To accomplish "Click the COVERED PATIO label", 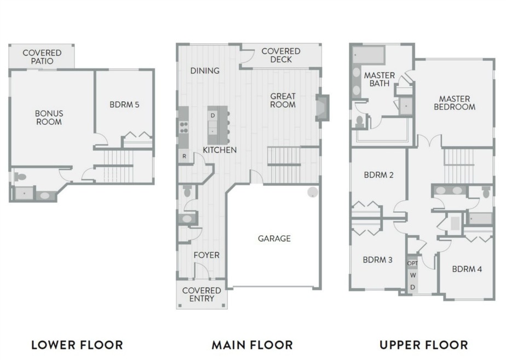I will (x=42, y=57).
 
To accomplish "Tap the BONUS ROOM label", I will (x=49, y=118).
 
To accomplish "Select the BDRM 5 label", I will (x=124, y=104).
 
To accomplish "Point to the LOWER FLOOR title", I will (x=77, y=345).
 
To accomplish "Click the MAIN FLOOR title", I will (x=252, y=345).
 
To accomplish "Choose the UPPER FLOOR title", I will (x=423, y=345).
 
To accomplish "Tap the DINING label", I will (x=205, y=71).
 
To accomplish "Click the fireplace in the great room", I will (x=322, y=108).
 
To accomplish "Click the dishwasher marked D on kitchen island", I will (x=212, y=115).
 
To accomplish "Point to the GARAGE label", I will (x=274, y=239).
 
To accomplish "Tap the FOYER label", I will (x=206, y=255).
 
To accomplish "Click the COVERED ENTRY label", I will (x=202, y=294).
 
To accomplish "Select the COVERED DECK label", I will (x=280, y=55).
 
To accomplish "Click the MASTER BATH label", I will (x=380, y=79).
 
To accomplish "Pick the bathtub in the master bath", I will (x=369, y=55).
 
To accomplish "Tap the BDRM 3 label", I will (x=377, y=260).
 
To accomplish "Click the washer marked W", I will (x=413, y=275).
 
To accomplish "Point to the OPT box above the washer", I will (x=413, y=263).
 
